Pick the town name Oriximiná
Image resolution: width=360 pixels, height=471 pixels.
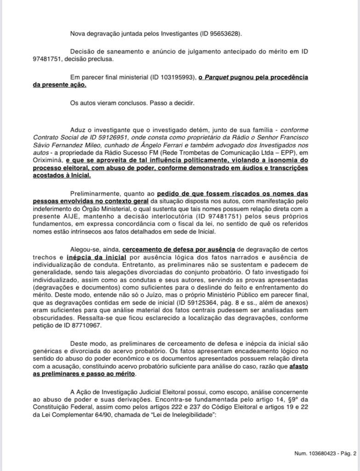pos(48,160)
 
